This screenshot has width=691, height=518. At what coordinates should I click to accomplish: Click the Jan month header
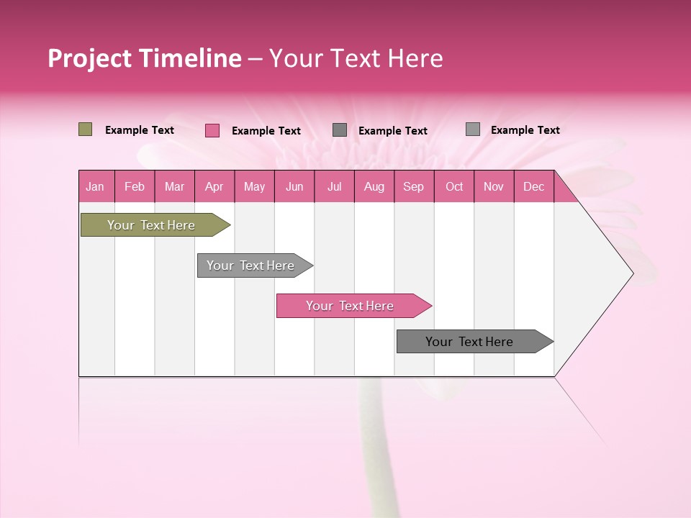pos(95,186)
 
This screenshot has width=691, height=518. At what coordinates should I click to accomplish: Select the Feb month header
pos(135,186)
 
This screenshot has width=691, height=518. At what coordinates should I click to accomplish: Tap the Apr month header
pos(214,186)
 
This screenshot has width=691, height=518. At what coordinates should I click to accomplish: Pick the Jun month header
pos(294,186)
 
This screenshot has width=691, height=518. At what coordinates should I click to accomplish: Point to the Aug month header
pos(374,186)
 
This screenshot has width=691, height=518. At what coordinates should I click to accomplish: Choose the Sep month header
pos(413,186)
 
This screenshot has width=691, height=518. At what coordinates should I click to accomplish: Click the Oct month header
pos(454,186)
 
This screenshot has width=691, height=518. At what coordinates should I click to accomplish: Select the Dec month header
pos(533,186)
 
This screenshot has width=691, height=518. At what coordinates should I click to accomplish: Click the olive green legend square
pos(85,129)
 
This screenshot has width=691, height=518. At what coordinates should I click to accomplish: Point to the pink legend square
pos(212,130)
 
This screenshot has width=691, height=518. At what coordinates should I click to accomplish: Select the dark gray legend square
pos(340,129)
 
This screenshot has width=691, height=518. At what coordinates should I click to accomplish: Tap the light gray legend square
pos(473,129)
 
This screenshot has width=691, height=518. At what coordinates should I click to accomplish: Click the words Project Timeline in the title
pos(145,58)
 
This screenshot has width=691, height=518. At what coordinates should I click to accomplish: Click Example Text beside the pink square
pos(266,131)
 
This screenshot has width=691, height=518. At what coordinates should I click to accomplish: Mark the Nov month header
pos(494,186)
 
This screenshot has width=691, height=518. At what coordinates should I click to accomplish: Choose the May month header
pos(254,186)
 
